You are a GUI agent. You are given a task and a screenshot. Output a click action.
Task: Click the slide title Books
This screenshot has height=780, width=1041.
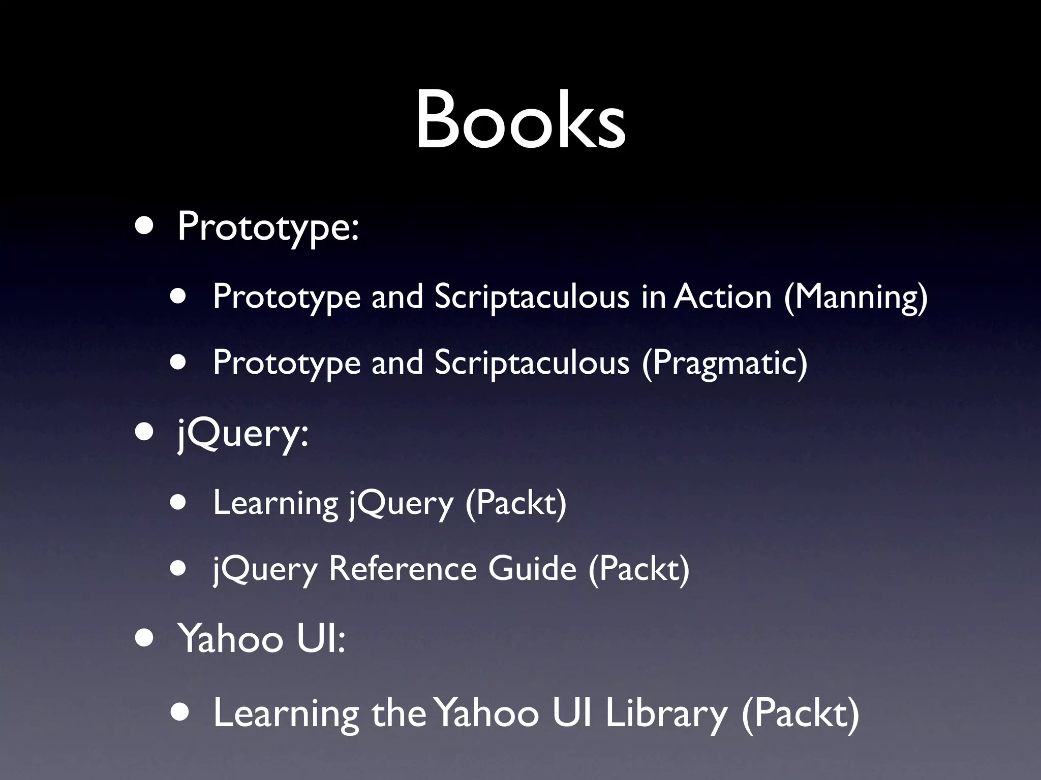pyautogui.click(x=520, y=121)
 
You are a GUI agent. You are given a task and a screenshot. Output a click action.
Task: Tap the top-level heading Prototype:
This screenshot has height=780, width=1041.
pyautogui.click(x=268, y=227)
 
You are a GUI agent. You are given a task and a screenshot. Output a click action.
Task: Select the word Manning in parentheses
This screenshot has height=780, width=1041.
pyautogui.click(x=855, y=297)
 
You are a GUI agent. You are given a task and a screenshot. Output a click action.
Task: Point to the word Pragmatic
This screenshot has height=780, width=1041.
pyautogui.click(x=724, y=364)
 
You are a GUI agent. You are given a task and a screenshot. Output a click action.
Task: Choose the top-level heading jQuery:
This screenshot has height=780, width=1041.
pyautogui.click(x=242, y=435)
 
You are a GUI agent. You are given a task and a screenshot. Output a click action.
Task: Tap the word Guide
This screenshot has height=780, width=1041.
pyautogui.click(x=532, y=569)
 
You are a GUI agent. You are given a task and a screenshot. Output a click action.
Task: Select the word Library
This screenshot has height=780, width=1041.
pyautogui.click(x=666, y=713)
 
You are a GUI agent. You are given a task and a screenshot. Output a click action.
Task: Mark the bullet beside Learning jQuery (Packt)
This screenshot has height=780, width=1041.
pyautogui.click(x=178, y=503)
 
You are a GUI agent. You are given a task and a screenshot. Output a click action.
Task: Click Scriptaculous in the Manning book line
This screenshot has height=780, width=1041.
pyautogui.click(x=532, y=297)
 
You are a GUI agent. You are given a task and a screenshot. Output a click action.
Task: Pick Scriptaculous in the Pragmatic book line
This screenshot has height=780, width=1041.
pyautogui.click(x=532, y=363)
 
